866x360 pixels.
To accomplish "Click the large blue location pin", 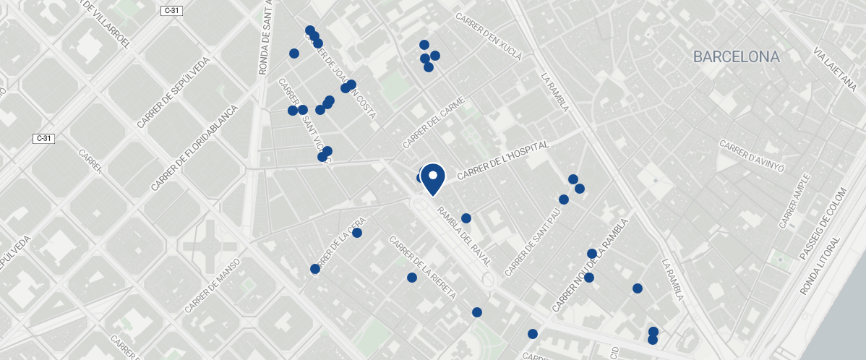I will click(x=432, y=178).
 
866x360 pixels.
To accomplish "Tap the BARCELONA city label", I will click(x=736, y=57).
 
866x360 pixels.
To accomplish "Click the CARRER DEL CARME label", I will click(x=432, y=121).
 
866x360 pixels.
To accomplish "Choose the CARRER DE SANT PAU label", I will click(x=533, y=243).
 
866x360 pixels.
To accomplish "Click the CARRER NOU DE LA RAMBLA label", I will click(x=591, y=265).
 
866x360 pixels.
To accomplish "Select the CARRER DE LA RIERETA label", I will click(x=422, y=267).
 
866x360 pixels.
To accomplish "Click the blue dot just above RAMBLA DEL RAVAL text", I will click(x=466, y=218).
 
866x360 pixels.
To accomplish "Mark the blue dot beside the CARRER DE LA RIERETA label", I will click(x=412, y=278).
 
